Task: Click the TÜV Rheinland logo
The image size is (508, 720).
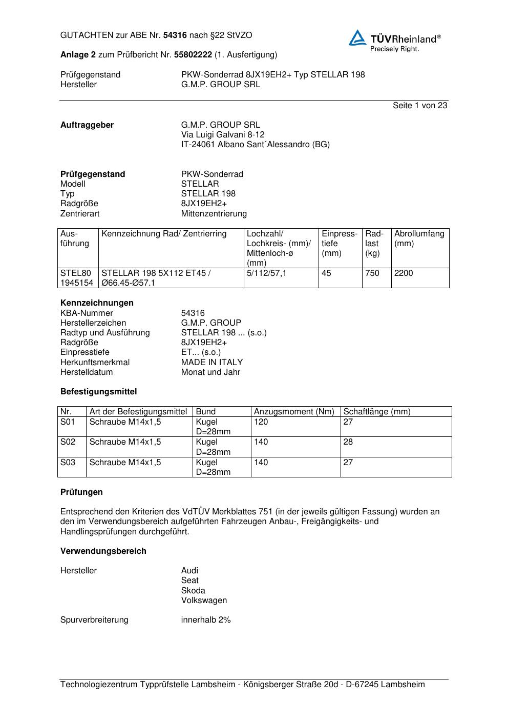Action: pos(394,41)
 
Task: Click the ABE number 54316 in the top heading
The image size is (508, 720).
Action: pos(175,35)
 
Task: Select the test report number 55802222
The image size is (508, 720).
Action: pos(193,54)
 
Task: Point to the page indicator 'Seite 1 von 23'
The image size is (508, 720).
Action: pos(420,106)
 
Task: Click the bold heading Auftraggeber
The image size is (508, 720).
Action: pos(87,125)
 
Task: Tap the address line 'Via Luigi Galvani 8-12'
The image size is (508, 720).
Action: pos(223,135)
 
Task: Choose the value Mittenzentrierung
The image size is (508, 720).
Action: pos(214,214)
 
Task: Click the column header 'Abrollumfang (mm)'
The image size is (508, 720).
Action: pos(419,238)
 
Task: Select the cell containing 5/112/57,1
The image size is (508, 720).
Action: pos(266,273)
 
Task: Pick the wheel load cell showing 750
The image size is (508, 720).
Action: pos(372,273)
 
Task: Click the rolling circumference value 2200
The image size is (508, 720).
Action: pos(404,273)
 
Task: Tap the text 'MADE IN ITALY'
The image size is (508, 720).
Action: pos(211,363)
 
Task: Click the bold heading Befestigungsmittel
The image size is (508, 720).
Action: pos(99,392)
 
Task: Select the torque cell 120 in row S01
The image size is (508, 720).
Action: pos(261,422)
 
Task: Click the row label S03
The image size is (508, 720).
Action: pos(68,463)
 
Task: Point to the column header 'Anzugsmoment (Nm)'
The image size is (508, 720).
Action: pos(294,412)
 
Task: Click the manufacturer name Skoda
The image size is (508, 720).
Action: pos(193,591)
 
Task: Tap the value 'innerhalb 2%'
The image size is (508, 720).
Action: pos(206,620)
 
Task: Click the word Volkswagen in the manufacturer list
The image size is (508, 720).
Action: pos(204,601)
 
